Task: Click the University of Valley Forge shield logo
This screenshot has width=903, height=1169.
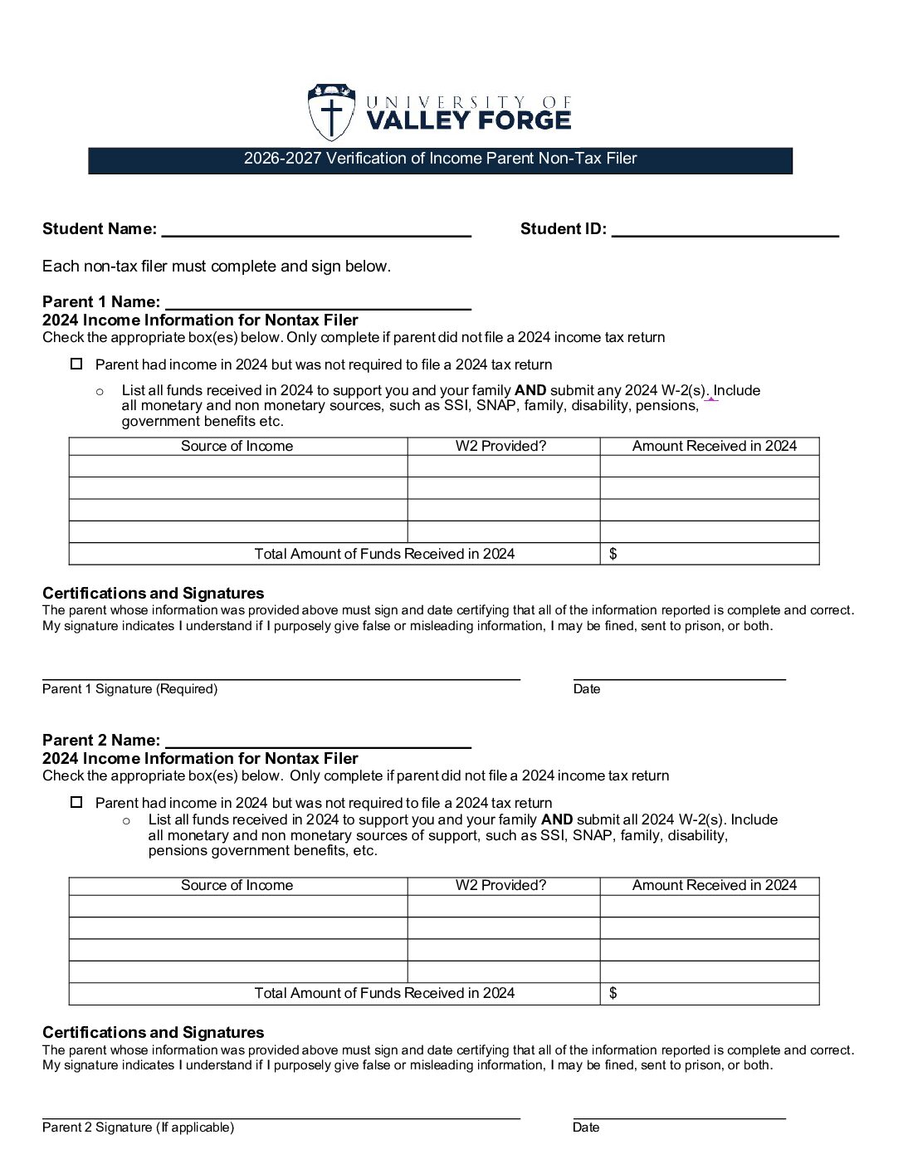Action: tap(330, 112)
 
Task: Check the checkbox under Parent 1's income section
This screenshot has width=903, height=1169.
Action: tap(76, 364)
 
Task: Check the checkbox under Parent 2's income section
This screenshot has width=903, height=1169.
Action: tap(76, 802)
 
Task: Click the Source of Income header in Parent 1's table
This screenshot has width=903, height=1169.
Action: tap(237, 446)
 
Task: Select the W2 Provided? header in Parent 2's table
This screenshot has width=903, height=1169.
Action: tap(500, 885)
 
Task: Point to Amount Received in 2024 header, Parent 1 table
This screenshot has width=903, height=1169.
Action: tap(714, 446)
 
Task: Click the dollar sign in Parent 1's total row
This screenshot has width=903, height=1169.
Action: tap(613, 554)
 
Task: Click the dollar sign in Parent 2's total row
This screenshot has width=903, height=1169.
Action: tap(613, 993)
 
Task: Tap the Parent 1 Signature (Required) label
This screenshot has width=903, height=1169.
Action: tap(129, 689)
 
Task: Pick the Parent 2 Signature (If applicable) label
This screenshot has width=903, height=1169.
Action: tap(138, 1127)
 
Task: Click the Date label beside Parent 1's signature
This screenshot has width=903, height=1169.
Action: tap(586, 689)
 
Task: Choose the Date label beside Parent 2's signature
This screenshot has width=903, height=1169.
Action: tap(585, 1127)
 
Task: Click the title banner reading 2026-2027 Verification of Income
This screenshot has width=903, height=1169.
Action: tap(440, 159)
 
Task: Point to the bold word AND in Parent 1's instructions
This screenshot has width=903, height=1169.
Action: tap(530, 390)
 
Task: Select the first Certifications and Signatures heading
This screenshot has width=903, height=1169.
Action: tap(153, 593)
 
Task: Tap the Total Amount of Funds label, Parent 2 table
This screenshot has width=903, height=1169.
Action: tap(384, 993)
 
